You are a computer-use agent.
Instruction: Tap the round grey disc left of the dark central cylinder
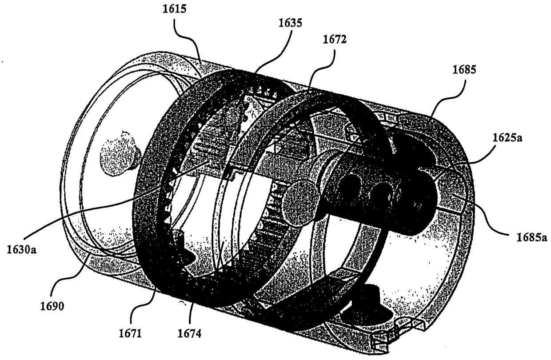pos(303,202)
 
